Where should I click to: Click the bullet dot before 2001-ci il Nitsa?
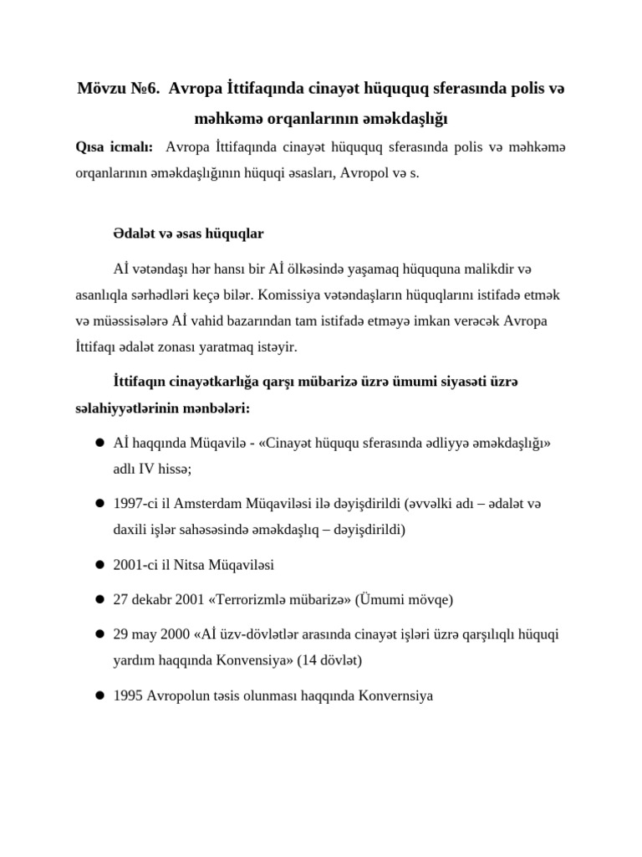point(98,565)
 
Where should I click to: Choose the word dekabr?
point(154,599)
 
